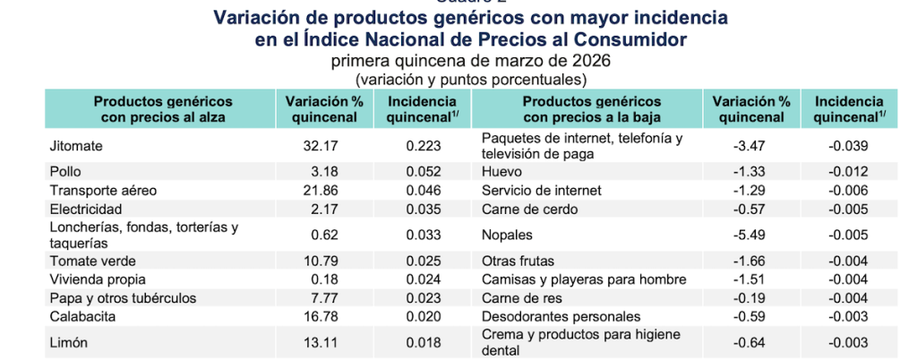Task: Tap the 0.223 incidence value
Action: pos(423,145)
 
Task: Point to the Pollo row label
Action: pos(64,171)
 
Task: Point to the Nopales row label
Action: pos(507,235)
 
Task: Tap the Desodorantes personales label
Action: pos(561,315)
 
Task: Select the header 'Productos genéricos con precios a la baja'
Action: pos(591,109)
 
